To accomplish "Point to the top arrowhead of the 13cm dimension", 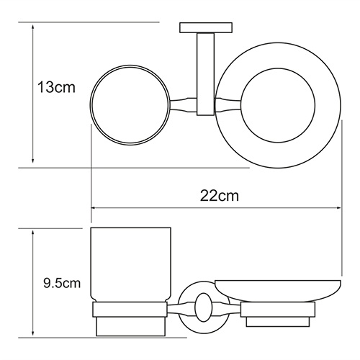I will coord(34,26).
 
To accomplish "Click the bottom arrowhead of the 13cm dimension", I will coord(34,163).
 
